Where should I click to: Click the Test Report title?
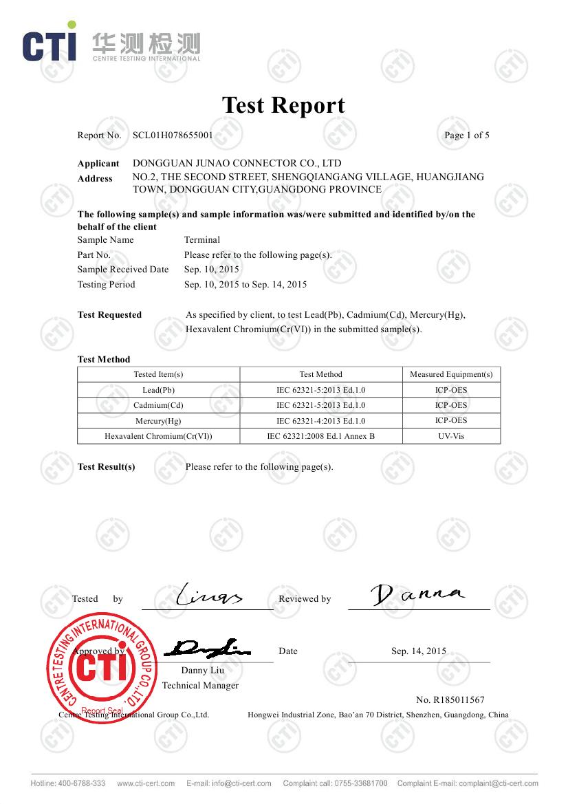(x=283, y=105)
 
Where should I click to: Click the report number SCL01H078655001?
(x=173, y=135)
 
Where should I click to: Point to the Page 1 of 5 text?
(x=467, y=135)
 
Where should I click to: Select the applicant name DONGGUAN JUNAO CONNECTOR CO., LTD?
(x=237, y=164)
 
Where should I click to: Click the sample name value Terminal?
(x=202, y=240)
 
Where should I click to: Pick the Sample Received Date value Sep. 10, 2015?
(x=212, y=270)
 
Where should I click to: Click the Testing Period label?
(x=106, y=285)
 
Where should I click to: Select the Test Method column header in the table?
(x=320, y=375)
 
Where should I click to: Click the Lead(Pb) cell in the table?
(x=158, y=390)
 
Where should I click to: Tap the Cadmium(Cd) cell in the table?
(x=158, y=406)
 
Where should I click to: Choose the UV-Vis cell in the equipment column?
(x=451, y=436)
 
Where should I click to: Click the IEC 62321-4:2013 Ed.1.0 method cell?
(x=320, y=421)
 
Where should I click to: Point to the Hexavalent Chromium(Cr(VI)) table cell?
(x=158, y=436)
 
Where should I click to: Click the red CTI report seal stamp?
(x=100, y=666)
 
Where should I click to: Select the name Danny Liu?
(x=203, y=671)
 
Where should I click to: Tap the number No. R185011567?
(x=450, y=700)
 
